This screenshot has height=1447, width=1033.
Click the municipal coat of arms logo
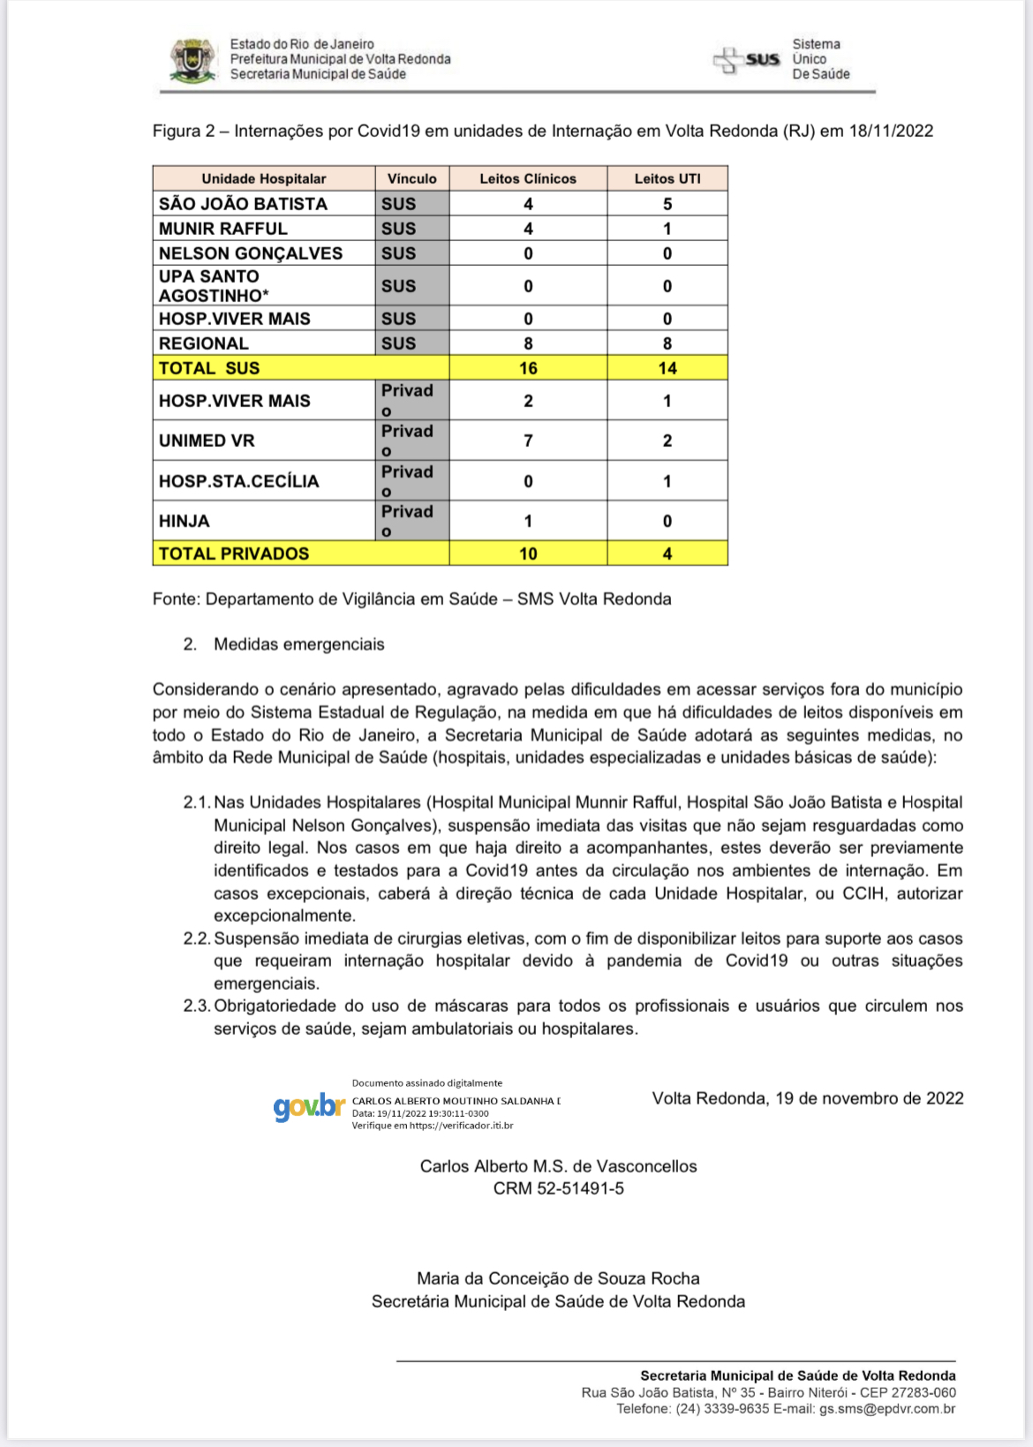pyautogui.click(x=192, y=60)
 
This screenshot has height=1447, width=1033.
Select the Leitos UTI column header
pyautogui.click(x=667, y=178)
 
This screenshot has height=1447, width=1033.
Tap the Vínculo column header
pyautogui.click(x=412, y=178)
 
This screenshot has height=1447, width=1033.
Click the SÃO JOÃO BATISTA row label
pyautogui.click(x=243, y=204)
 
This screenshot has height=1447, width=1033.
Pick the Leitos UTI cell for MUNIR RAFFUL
pyautogui.click(x=667, y=229)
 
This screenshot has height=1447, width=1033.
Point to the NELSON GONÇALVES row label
pyautogui.click(x=251, y=253)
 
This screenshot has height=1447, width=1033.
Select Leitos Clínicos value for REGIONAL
pyautogui.click(x=528, y=343)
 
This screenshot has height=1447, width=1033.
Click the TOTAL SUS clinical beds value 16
pyautogui.click(x=528, y=368)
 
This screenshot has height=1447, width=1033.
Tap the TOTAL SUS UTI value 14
pyautogui.click(x=667, y=368)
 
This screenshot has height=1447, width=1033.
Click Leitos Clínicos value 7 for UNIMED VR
pyautogui.click(x=528, y=441)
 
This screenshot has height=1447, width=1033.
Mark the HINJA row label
pyautogui.click(x=185, y=521)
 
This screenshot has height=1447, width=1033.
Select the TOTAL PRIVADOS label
pyautogui.click(x=234, y=554)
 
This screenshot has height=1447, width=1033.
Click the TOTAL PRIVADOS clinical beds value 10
pyautogui.click(x=528, y=554)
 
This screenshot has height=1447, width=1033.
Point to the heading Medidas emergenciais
pyautogui.click(x=298, y=644)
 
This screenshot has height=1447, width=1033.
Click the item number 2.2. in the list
pyautogui.click(x=197, y=938)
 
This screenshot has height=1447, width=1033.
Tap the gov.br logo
pyautogui.click(x=308, y=1106)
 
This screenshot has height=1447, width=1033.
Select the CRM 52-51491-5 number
pyautogui.click(x=558, y=1188)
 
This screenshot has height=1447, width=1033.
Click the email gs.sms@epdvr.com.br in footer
pyautogui.click(x=887, y=1409)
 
